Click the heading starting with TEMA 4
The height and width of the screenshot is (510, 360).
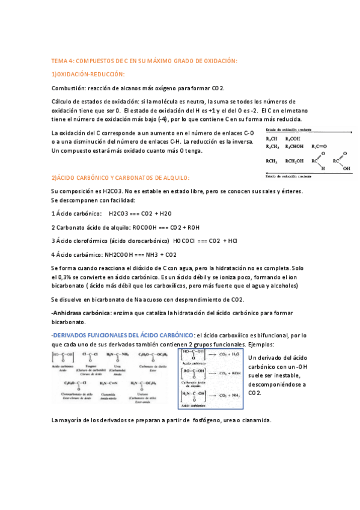[144, 61]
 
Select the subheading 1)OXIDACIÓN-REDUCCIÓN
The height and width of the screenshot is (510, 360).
[88, 74]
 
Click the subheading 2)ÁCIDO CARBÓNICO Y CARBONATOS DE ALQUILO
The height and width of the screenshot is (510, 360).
[120, 177]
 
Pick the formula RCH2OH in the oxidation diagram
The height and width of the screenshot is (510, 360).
[295, 161]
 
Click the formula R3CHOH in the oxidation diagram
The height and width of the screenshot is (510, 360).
[295, 146]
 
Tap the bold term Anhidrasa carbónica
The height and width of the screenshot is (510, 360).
[82, 313]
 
